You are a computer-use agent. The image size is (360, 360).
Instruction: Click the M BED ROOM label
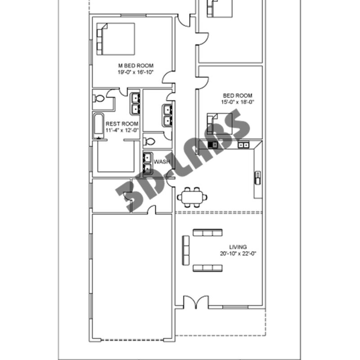pos(136,66)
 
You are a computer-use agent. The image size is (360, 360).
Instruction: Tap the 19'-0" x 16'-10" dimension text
pos(135,72)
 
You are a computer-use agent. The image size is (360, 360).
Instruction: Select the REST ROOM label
pos(122,124)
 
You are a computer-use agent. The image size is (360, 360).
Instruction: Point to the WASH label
pos(162,162)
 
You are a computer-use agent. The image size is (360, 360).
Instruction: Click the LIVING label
pos(238,247)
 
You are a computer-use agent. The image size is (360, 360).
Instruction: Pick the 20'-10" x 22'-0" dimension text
pos(238,254)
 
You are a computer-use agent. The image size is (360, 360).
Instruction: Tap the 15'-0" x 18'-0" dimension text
pos(238,102)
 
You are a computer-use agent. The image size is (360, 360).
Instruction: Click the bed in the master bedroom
pos(116,39)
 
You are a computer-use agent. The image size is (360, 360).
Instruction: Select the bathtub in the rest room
pos(98,126)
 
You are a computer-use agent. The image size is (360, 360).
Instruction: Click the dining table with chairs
pos(192,197)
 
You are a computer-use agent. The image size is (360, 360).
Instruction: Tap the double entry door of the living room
pos(196,302)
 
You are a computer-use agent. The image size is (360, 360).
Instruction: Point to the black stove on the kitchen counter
pos(212,144)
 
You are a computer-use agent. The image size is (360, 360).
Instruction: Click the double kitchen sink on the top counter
pos(243,145)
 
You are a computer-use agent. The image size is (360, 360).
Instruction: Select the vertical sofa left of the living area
pos(186,250)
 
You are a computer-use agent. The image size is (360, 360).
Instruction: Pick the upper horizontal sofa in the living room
pos(207,233)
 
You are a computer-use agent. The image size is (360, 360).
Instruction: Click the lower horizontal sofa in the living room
pos(207,268)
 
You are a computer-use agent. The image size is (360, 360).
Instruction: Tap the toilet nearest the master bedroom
pos(99,99)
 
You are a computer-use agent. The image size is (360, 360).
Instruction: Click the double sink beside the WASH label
pos(148,163)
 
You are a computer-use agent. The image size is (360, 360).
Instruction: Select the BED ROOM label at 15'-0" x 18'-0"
pos(238,95)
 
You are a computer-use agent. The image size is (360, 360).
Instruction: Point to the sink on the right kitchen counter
pos(258,178)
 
